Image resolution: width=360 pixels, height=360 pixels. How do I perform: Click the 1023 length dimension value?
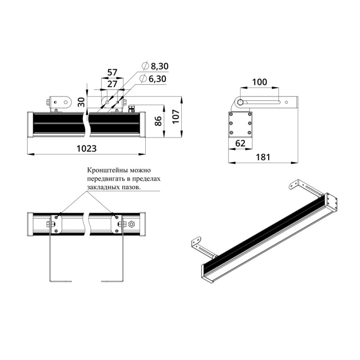point(86,148)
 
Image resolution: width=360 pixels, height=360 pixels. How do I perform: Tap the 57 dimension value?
point(112,72)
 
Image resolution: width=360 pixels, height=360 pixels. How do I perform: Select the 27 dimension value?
point(112,84)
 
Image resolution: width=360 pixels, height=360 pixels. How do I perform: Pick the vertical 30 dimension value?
point(81,102)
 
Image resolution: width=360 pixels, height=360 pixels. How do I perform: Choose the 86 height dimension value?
point(158,121)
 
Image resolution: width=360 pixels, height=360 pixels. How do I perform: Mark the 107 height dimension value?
point(176,117)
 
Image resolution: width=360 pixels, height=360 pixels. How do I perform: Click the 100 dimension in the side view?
point(260,82)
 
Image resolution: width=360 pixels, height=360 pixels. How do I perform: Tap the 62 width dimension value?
point(240,143)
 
